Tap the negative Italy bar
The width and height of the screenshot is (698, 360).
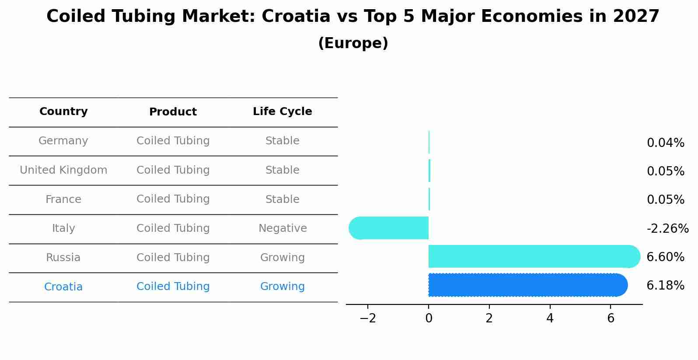click(x=389, y=228)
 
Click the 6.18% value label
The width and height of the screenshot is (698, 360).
click(x=665, y=286)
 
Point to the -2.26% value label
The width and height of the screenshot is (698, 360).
click(x=667, y=228)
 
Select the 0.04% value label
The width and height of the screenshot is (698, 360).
click(x=665, y=143)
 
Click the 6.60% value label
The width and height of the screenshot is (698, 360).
click(x=665, y=257)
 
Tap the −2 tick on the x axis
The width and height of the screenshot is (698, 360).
click(x=368, y=318)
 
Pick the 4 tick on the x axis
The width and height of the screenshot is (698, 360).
click(x=550, y=318)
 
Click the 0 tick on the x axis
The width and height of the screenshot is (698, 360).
click(x=429, y=318)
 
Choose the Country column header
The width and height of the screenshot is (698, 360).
click(x=63, y=112)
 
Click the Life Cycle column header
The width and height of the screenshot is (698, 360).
click(x=282, y=112)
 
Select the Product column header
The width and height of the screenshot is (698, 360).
click(x=173, y=112)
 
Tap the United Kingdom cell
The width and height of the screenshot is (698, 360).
click(x=63, y=170)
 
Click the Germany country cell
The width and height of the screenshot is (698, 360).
click(x=63, y=141)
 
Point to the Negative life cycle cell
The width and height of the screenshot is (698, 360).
click(x=283, y=228)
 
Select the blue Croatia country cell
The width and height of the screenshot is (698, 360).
click(x=63, y=287)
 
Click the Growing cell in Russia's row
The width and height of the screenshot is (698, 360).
click(x=282, y=258)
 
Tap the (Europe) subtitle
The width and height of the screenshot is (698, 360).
click(x=353, y=43)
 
